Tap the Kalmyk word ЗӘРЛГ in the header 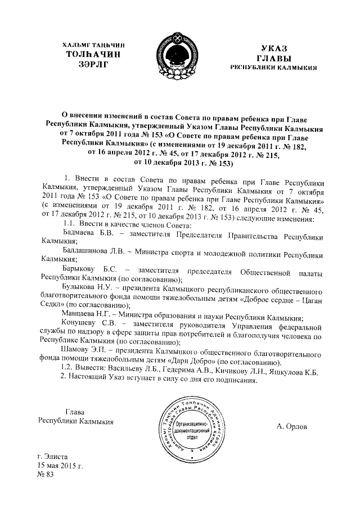tap(92, 65)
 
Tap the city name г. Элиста tap(51, 457)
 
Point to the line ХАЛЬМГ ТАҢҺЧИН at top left tap(92, 44)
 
